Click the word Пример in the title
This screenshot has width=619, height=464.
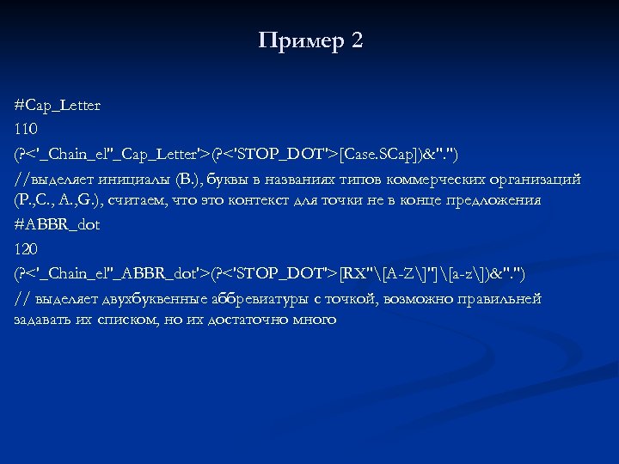[x=299, y=40]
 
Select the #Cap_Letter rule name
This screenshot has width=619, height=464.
[x=58, y=106]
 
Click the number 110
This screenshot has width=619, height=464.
[x=27, y=130]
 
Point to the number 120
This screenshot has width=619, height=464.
[x=27, y=248]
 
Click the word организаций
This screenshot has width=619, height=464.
[x=539, y=179]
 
